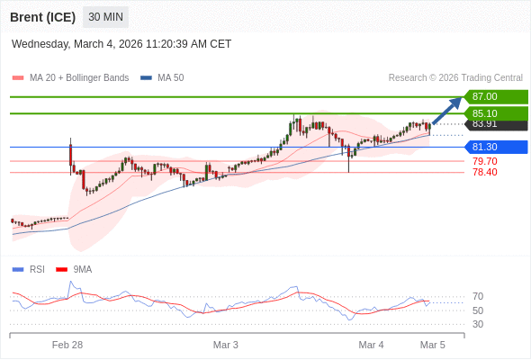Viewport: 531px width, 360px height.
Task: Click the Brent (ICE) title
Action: [43, 17]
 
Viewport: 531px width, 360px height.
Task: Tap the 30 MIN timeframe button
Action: [106, 17]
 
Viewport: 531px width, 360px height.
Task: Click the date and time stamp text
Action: [121, 43]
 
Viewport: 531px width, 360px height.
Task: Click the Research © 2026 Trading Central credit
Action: [455, 78]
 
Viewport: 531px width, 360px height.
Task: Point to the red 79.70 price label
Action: [484, 161]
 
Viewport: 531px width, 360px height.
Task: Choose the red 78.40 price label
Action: [484, 172]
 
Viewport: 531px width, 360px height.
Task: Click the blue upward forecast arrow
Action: [447, 111]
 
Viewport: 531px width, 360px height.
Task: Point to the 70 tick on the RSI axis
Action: [478, 296]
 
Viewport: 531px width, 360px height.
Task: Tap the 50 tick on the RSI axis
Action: [478, 310]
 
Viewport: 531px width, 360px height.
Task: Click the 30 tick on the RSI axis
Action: [478, 324]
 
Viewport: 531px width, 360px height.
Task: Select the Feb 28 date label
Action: [67, 345]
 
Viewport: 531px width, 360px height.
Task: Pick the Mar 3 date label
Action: [226, 345]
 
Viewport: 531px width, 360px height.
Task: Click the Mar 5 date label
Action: [433, 345]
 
